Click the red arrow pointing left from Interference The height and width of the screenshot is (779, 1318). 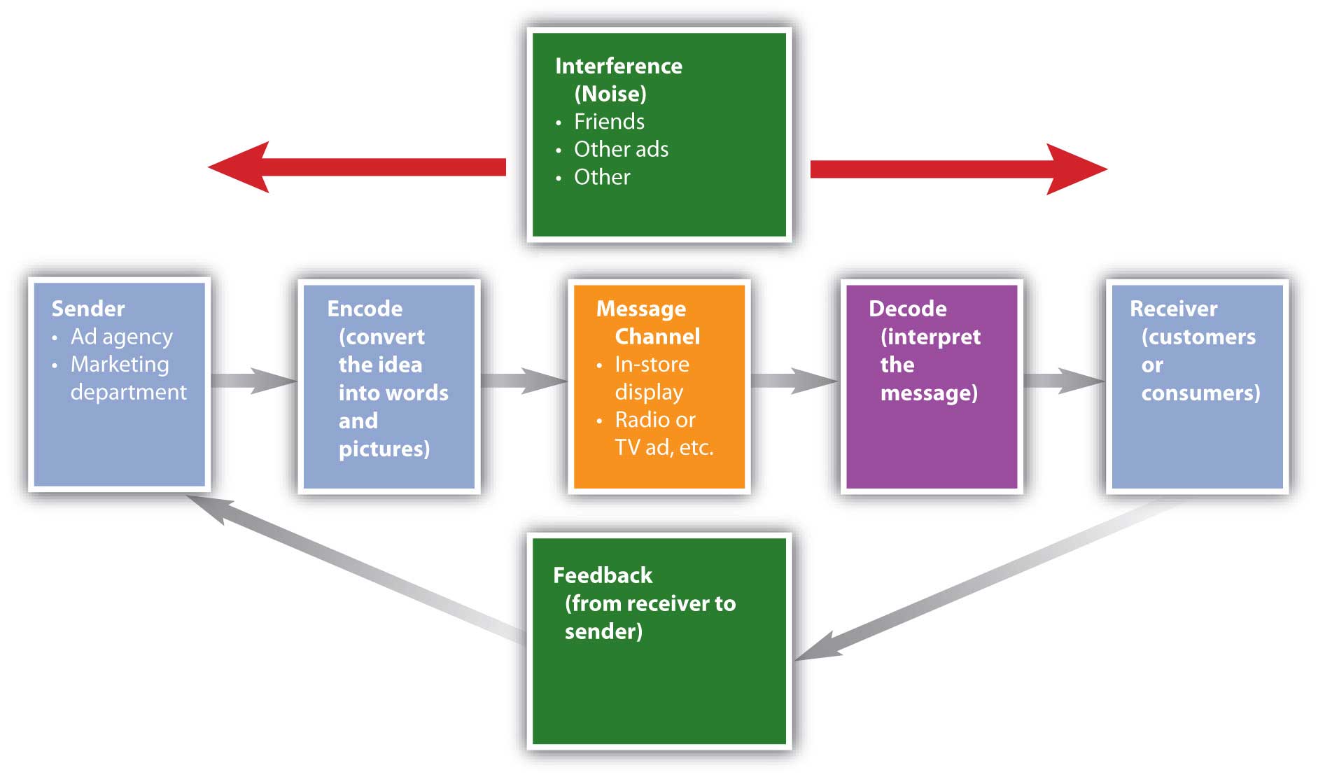pyautogui.click(x=357, y=167)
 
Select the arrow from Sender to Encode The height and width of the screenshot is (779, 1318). pyautogui.click(x=253, y=381)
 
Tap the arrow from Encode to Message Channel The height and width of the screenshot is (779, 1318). pyautogui.click(x=524, y=381)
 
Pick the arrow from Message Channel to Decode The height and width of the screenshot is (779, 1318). pyautogui.click(x=794, y=381)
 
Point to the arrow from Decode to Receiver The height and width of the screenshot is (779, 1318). pyautogui.click(x=1064, y=381)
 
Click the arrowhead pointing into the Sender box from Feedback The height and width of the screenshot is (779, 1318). pyautogui.click(x=206, y=505)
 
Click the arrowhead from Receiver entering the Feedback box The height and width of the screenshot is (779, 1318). pyautogui.click(x=815, y=647)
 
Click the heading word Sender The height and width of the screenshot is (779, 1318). pyautogui.click(x=88, y=309)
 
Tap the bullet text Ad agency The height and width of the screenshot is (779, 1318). pyautogui.click(x=121, y=337)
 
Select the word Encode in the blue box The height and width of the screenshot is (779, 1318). pyautogui.click(x=365, y=309)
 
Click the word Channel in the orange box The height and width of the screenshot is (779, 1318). pyautogui.click(x=657, y=337)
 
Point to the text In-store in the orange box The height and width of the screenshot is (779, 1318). pyautogui.click(x=652, y=364)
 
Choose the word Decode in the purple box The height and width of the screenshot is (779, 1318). pyautogui.click(x=907, y=309)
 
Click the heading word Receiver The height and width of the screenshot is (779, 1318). pyautogui.click(x=1173, y=309)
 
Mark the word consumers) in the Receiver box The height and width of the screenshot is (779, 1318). pyautogui.click(x=1200, y=393)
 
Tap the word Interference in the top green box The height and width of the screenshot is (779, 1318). pyautogui.click(x=618, y=66)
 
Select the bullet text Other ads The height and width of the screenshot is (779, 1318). pyautogui.click(x=621, y=149)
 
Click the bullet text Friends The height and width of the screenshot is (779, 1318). pyautogui.click(x=609, y=121)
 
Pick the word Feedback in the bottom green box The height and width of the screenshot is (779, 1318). pyautogui.click(x=602, y=575)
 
